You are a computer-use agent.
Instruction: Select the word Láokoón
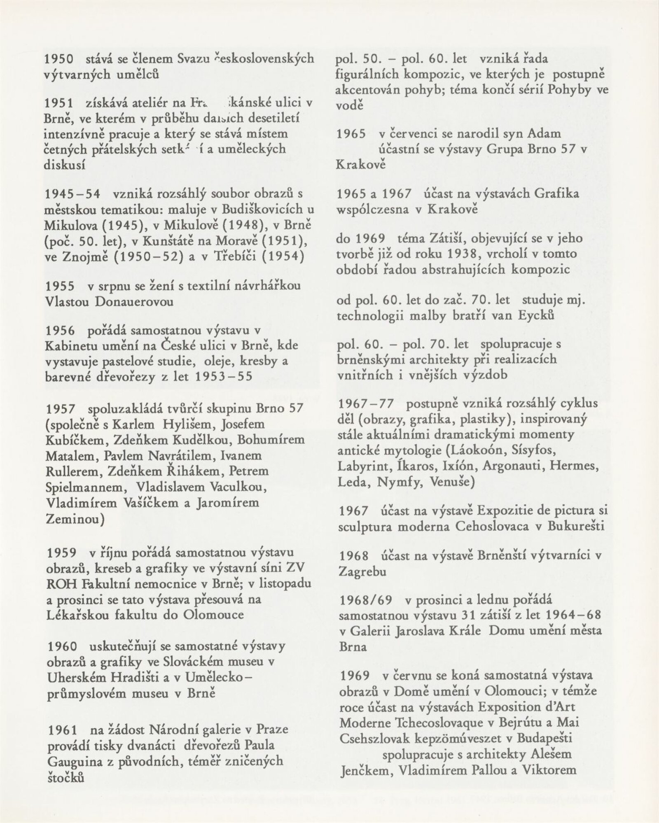[477, 450]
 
